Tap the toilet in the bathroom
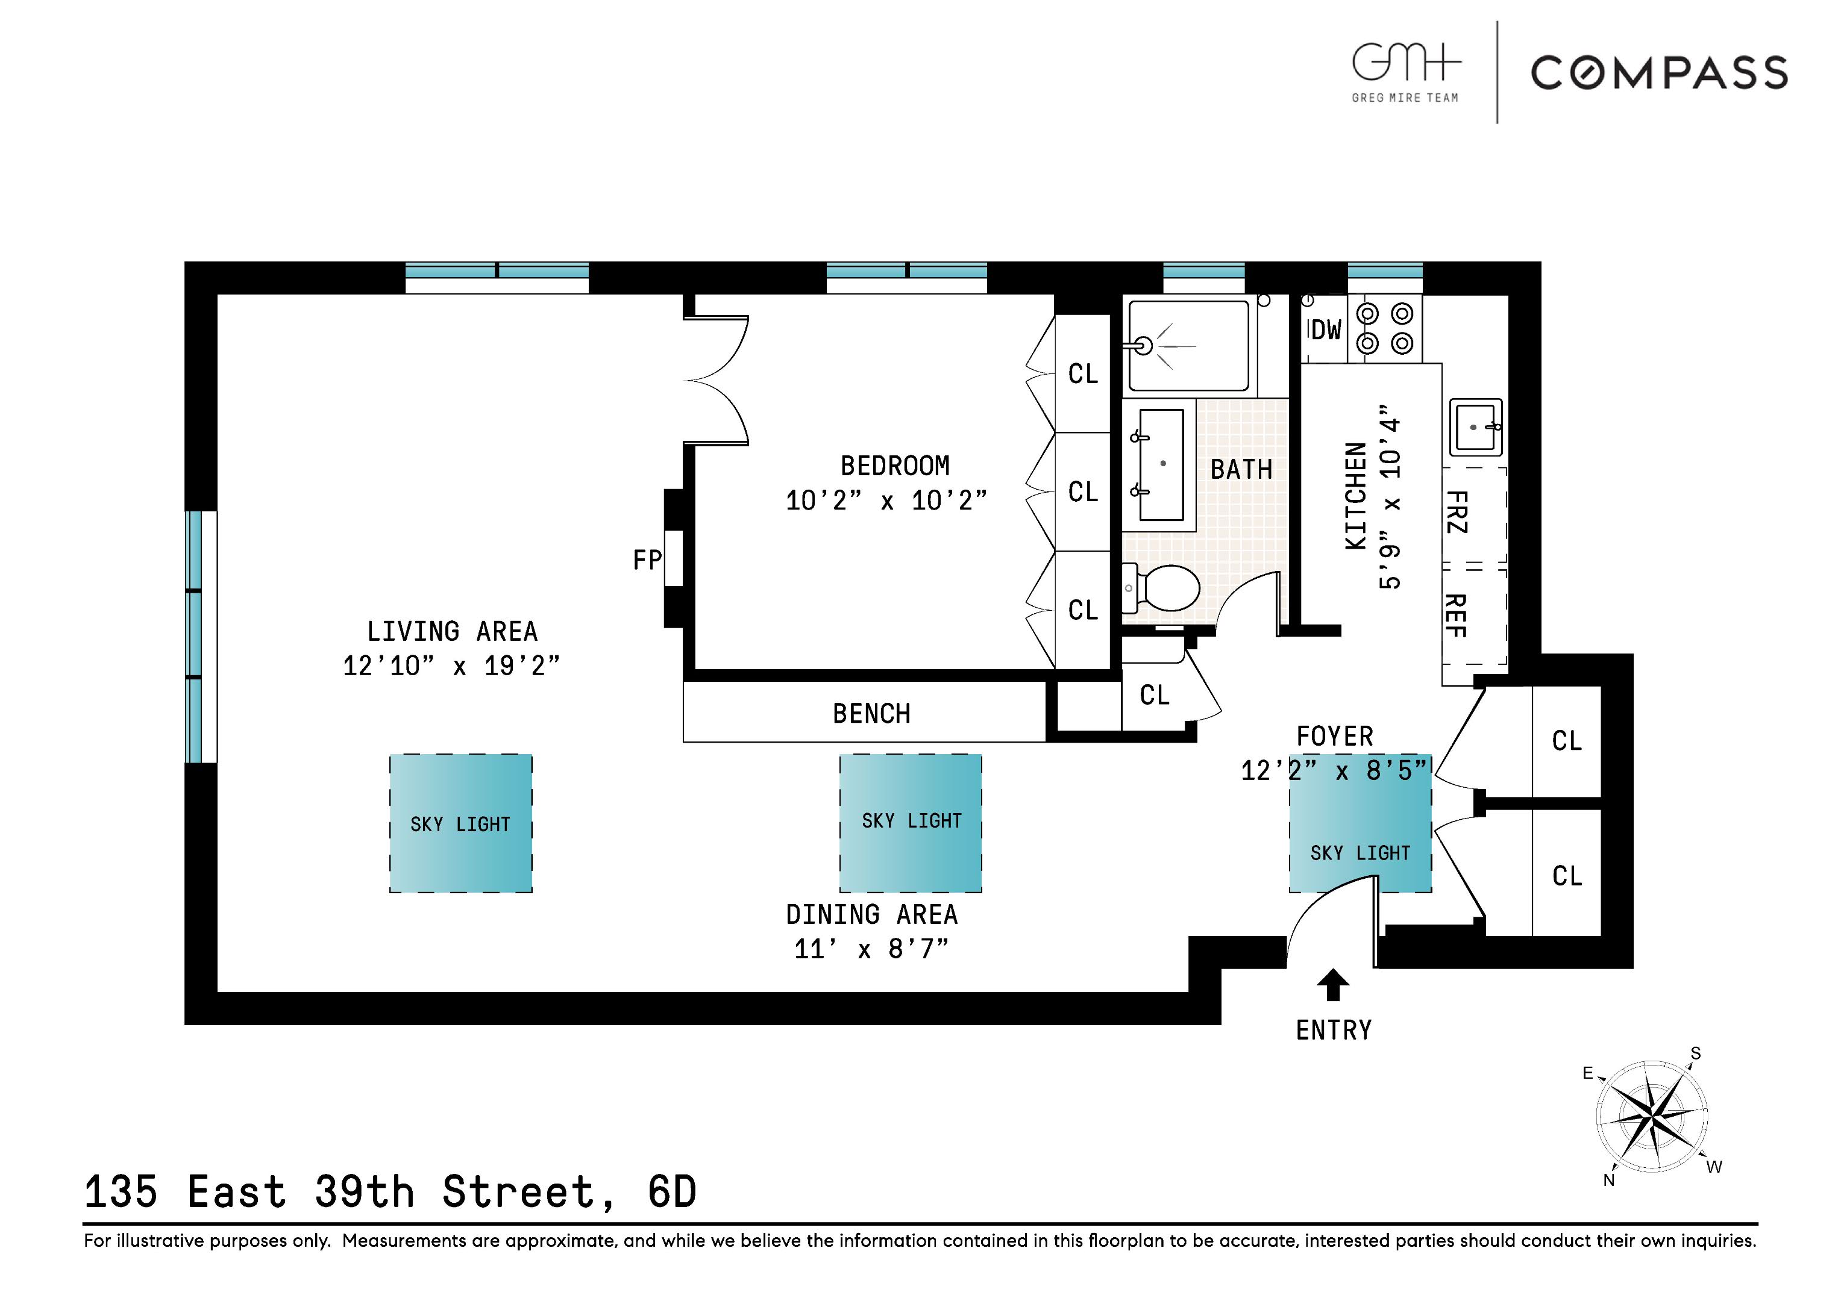[1167, 588]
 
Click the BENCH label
[871, 713]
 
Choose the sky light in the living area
[460, 823]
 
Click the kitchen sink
[1475, 427]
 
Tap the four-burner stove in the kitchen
[1385, 329]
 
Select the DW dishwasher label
[1325, 329]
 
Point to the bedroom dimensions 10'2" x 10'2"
[886, 500]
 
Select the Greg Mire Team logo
[1405, 72]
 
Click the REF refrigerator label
[1455, 616]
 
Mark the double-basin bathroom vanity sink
[1161, 465]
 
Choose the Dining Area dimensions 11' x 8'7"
[871, 949]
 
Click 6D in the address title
[672, 1191]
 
